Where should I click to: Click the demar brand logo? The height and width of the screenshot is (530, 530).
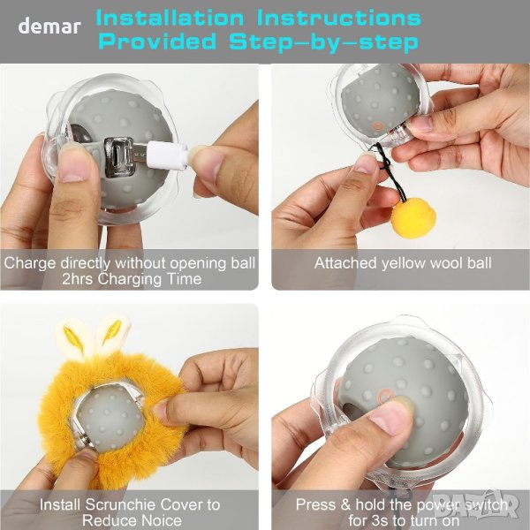(49, 26)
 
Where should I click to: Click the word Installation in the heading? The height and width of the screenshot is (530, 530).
(170, 18)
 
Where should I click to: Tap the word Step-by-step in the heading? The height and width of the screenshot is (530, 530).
(323, 42)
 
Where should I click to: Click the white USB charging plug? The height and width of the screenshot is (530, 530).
(167, 155)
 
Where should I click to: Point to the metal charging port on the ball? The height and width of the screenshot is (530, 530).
(118, 157)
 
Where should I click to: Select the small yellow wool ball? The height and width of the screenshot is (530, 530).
(413, 217)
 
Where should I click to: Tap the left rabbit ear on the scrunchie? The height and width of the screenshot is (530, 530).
(73, 338)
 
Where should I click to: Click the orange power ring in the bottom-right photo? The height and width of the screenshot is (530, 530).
(386, 396)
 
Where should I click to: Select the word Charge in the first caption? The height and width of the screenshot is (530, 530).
(30, 263)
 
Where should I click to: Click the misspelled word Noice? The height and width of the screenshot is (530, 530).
(162, 520)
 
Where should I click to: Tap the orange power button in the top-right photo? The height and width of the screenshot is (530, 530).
(377, 126)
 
